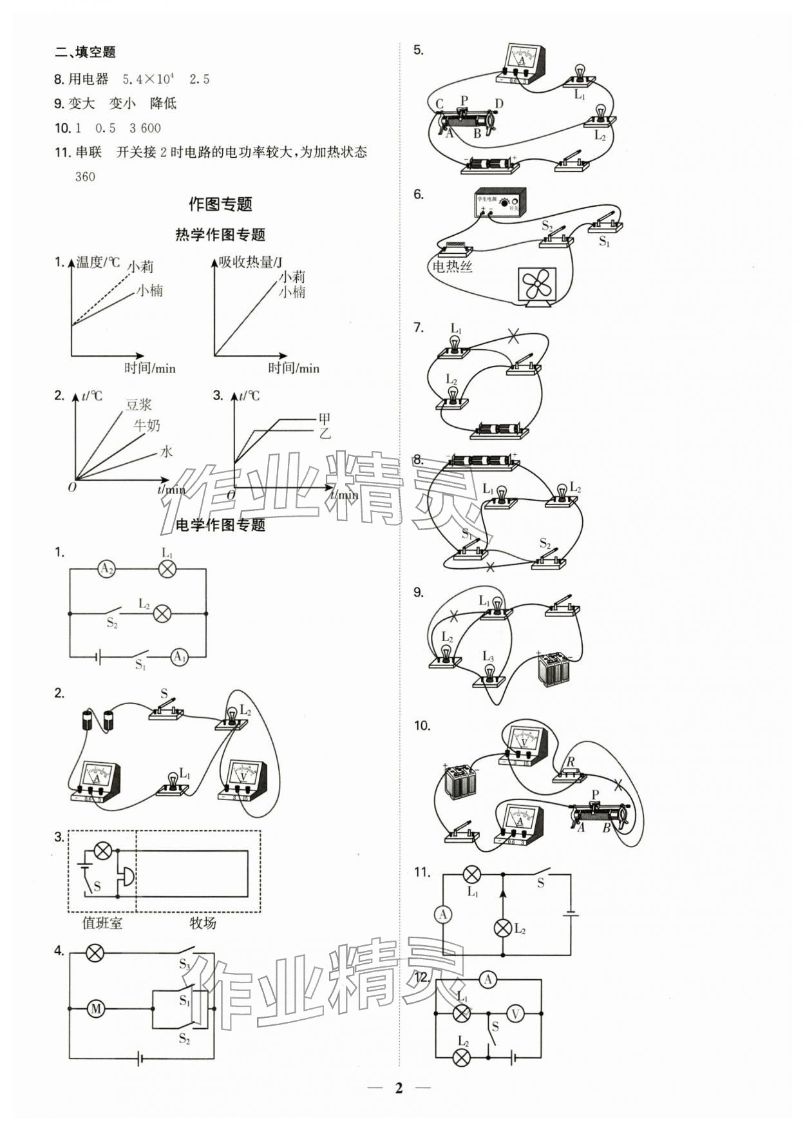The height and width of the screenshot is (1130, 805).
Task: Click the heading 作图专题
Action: pyautogui.click(x=220, y=204)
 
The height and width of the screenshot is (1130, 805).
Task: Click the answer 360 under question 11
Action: pyautogui.click(x=85, y=177)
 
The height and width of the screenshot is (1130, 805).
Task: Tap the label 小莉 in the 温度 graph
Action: pyautogui.click(x=140, y=266)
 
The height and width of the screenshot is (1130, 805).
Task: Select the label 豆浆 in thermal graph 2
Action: pyautogui.click(x=138, y=405)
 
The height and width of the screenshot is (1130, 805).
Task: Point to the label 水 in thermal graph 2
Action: pyautogui.click(x=166, y=452)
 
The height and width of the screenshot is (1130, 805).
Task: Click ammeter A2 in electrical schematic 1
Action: pyautogui.click(x=106, y=569)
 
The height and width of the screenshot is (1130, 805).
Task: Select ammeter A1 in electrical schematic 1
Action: pyautogui.click(x=179, y=657)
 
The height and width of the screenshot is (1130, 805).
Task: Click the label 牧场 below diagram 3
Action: pyautogui.click(x=202, y=923)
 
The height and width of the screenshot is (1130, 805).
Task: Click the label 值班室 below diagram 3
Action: pyautogui.click(x=102, y=923)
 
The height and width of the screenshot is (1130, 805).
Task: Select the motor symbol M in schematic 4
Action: pyautogui.click(x=96, y=1009)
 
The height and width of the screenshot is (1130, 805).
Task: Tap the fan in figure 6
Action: pyautogui.click(x=536, y=285)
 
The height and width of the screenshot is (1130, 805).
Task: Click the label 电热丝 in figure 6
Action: pyautogui.click(x=452, y=266)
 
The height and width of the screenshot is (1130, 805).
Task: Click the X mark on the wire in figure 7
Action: pyautogui.click(x=513, y=335)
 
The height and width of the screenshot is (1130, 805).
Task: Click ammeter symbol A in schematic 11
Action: pyautogui.click(x=443, y=914)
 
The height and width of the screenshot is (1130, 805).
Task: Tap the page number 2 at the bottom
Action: pyautogui.click(x=399, y=1088)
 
